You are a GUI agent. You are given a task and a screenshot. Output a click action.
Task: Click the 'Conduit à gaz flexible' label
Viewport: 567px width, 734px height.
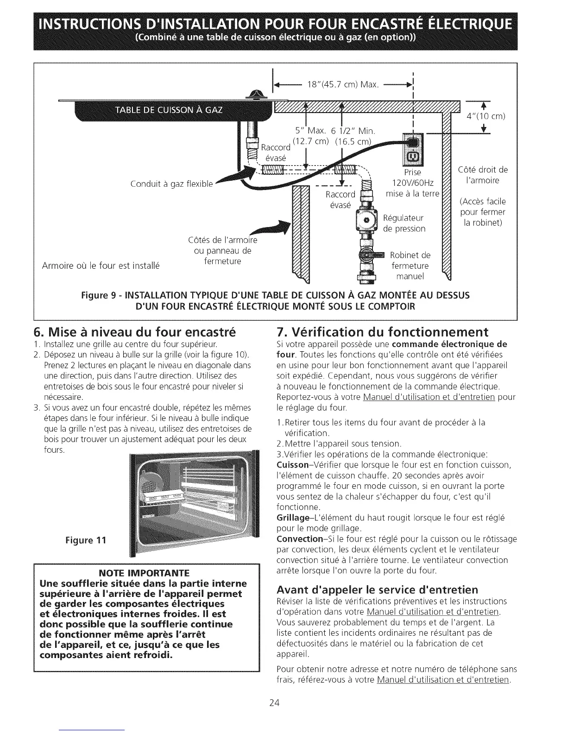(172, 184)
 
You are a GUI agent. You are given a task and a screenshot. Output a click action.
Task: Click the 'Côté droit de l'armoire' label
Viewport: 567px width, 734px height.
(483, 175)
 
